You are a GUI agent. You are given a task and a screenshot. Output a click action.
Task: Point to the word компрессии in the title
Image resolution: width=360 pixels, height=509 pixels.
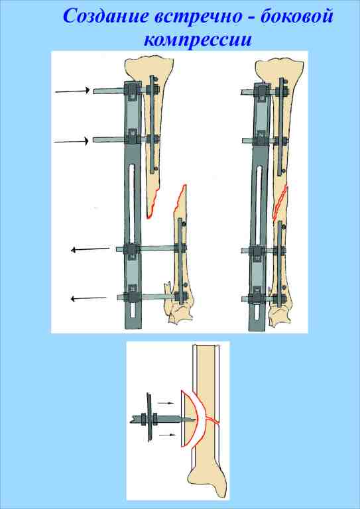(198, 40)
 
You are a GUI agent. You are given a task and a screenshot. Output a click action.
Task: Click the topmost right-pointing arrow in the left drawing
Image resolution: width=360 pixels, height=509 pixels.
(72, 91)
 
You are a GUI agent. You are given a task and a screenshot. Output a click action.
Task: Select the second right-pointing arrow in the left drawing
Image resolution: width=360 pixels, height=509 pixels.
(71, 142)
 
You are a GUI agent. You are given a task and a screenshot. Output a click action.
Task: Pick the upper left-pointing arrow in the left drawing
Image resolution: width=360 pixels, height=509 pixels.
(90, 250)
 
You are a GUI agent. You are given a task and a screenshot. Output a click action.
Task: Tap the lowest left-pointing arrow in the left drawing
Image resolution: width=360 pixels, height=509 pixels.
(89, 299)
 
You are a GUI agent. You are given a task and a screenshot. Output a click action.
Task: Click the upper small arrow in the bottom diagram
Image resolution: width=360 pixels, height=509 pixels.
(166, 403)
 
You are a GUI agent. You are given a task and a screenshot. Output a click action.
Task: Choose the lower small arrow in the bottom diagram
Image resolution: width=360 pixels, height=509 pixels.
(168, 434)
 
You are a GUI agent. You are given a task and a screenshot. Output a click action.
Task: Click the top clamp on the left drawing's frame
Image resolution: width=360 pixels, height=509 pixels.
(133, 91)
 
